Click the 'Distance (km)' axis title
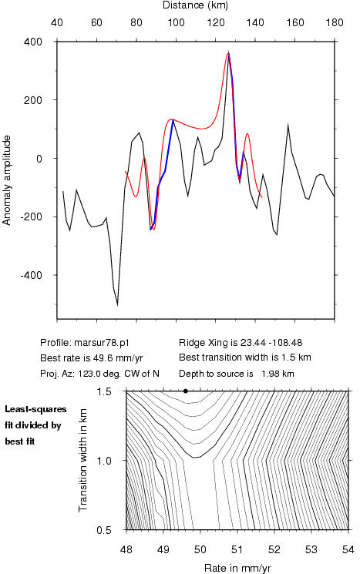tap(195, 5)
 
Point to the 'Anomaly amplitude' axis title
tap(7, 180)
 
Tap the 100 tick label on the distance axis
tap(177, 23)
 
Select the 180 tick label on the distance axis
tap(335, 23)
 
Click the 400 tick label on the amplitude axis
tap(33, 42)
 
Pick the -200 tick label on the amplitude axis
tap(31, 217)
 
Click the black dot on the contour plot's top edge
tap(186, 391)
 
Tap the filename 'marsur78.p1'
tap(102, 343)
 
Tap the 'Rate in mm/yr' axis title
tap(237, 568)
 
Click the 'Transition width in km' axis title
tap(82, 460)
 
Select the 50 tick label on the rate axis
tap(200, 549)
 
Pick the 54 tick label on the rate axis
tap(348, 549)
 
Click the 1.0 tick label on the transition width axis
tap(104, 460)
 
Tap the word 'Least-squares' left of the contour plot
tap(35, 409)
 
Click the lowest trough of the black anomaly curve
tap(117, 305)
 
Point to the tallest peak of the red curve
tap(227, 53)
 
